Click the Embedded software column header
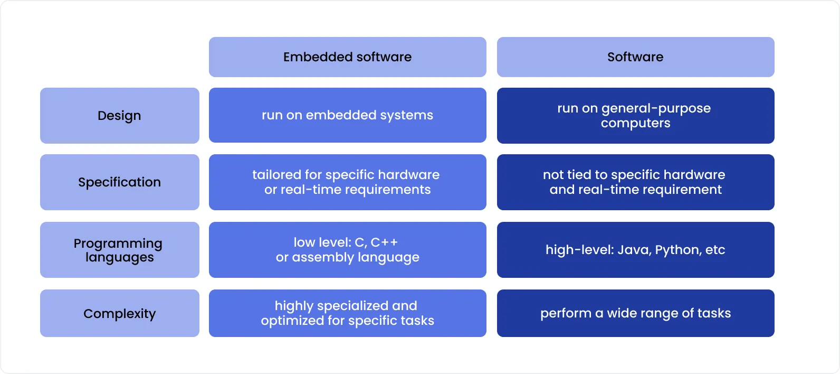(347, 57)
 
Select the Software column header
(635, 57)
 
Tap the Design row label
(119, 116)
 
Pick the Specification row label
(119, 182)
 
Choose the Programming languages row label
(119, 250)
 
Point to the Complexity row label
(119, 313)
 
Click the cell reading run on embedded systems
(347, 115)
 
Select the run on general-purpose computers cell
(635, 116)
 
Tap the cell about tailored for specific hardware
(347, 182)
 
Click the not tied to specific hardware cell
(635, 182)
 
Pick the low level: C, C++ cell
(347, 250)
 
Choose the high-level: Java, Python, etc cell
(635, 250)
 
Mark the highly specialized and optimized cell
(347, 313)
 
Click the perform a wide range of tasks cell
(635, 313)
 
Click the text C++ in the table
(384, 242)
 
